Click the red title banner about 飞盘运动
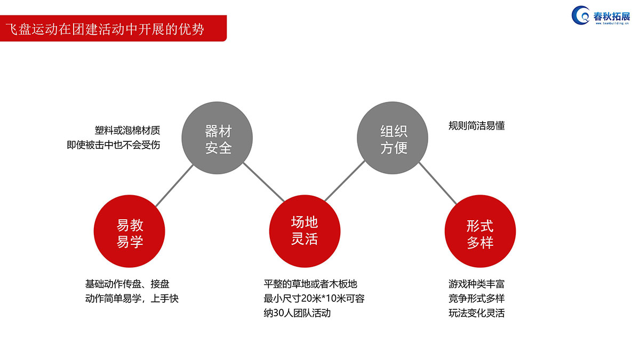pos(113,28)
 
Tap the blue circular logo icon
pos(580,15)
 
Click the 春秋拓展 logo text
pos(611,17)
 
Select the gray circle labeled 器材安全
pos(217,138)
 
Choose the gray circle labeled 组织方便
pos(393,138)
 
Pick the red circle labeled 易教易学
pos(130,231)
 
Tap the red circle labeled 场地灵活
pos(305,231)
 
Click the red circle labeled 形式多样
pos(480,231)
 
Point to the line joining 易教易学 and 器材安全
pos(174,186)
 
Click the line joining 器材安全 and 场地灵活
pos(263,182)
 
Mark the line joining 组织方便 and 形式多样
pos(438,183)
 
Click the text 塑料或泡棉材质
pos(127,131)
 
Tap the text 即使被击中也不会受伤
pos(114,145)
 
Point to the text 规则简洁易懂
pos(477,126)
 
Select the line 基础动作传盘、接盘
pos(127,284)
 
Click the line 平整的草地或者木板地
pos(310,284)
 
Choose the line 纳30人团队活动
pos(297,313)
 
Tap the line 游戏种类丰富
pos(477,284)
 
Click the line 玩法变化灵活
pos(477,313)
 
